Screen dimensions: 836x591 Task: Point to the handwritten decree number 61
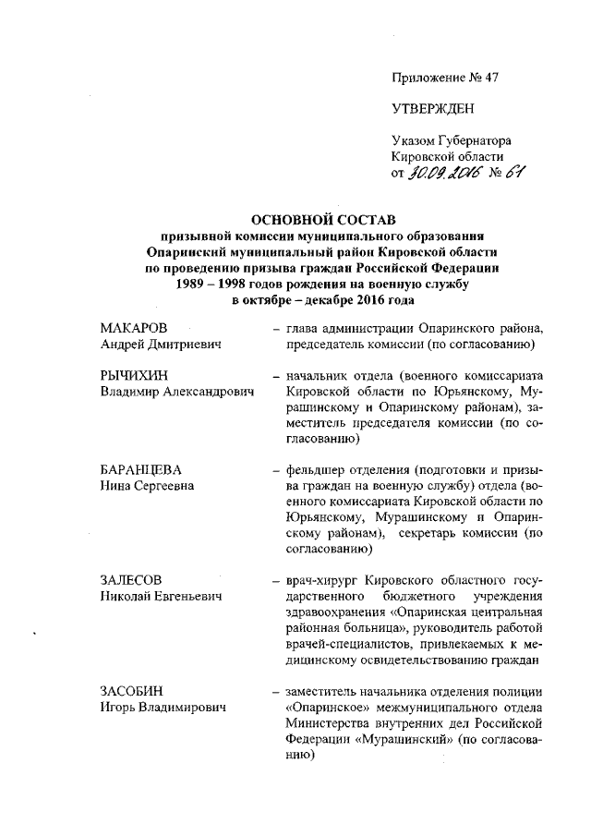point(513,173)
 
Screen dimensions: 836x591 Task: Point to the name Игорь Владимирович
point(161,708)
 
